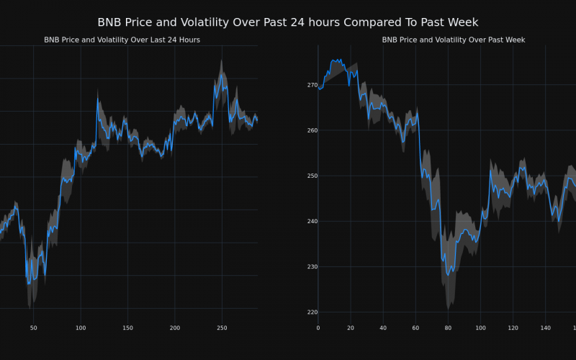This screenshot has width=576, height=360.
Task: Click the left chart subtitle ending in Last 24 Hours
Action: tap(122, 40)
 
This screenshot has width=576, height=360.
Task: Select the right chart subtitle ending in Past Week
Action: tap(453, 40)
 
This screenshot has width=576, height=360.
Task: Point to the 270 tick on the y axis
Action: tap(312, 85)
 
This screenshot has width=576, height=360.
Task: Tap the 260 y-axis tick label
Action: tap(312, 130)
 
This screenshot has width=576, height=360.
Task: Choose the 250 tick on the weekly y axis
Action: tap(312, 176)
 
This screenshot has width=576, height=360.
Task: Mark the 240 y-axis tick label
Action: tap(312, 221)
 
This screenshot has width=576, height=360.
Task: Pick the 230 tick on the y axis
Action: tap(312, 266)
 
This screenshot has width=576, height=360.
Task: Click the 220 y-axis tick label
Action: tap(312, 312)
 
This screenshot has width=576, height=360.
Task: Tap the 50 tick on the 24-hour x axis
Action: tap(33, 328)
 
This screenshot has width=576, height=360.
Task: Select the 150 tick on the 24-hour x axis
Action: tap(127, 328)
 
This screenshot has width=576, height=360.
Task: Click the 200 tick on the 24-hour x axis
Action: tap(175, 328)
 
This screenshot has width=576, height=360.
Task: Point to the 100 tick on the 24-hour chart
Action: tap(80, 328)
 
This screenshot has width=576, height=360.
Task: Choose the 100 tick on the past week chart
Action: tap(480, 328)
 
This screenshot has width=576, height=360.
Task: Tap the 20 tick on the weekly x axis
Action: tap(351, 328)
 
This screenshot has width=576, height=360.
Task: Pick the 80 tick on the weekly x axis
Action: tap(448, 328)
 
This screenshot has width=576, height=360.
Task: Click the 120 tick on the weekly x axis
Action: tap(513, 328)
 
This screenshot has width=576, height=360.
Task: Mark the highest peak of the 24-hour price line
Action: tap(221, 73)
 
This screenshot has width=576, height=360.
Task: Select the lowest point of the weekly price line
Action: tap(448, 275)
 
